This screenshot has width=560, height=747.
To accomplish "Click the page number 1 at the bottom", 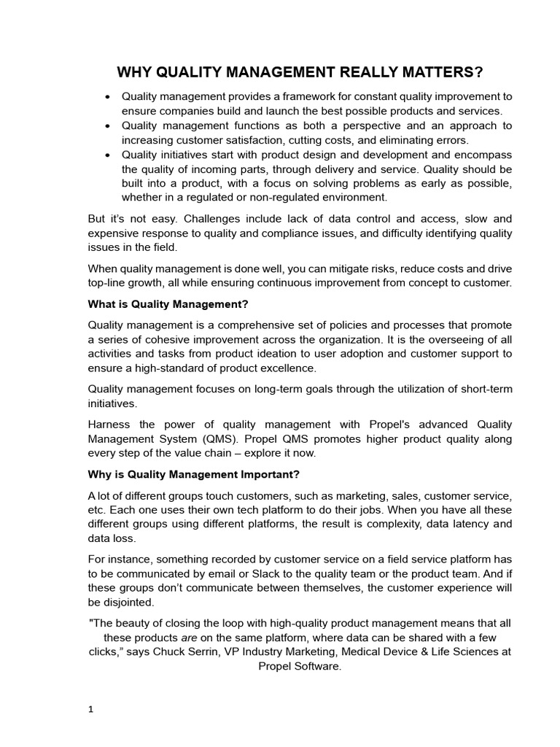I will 90,708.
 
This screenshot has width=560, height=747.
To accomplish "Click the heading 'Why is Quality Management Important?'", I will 193,475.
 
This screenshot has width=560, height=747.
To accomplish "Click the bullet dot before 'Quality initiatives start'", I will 108,155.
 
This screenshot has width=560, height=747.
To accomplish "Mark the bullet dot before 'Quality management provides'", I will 108,97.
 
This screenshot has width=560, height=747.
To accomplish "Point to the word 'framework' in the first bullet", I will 298,96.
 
